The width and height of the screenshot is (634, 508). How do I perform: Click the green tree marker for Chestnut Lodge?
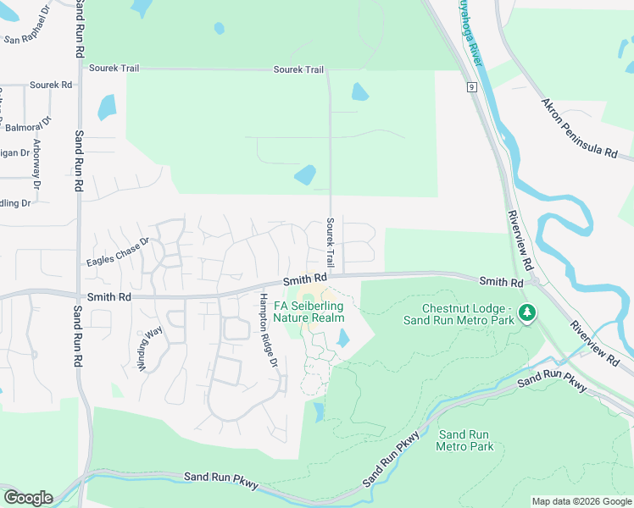pyautogui.click(x=528, y=314)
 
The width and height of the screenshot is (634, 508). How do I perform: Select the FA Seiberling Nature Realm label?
pyautogui.click(x=309, y=312)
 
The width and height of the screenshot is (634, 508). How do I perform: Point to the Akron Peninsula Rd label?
pyautogui.click(x=580, y=128)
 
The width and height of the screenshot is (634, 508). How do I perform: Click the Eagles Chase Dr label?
pyautogui.click(x=117, y=251)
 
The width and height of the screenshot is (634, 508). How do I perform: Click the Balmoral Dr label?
pyautogui.click(x=28, y=127)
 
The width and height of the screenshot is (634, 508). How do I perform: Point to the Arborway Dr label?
pyautogui.click(x=36, y=163)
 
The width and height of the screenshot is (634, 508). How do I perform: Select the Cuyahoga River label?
pyautogui.click(x=470, y=30)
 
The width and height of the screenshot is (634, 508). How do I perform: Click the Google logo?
pyautogui.click(x=27, y=497)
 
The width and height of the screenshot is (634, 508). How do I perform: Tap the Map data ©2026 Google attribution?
pyautogui.click(x=581, y=501)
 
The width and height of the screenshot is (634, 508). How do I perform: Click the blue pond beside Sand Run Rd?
pyautogui.click(x=107, y=108)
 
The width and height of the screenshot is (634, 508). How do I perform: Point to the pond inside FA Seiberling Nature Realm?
pyautogui.click(x=342, y=338)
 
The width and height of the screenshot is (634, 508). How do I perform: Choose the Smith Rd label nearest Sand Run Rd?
pyautogui.click(x=109, y=298)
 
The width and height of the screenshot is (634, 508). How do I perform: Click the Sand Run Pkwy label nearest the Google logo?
pyautogui.click(x=221, y=480)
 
